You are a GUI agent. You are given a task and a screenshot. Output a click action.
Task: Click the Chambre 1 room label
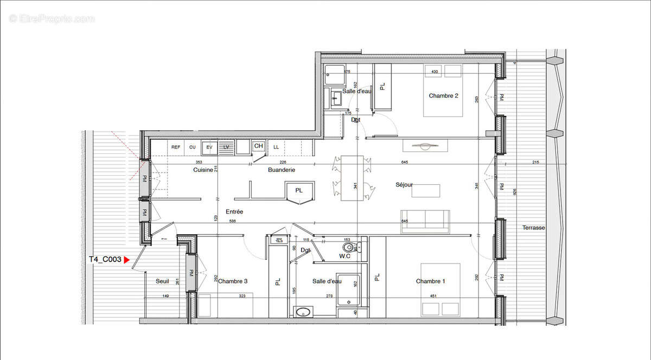click(x=430, y=281)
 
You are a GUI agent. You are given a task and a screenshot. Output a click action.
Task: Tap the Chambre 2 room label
click(x=443, y=96)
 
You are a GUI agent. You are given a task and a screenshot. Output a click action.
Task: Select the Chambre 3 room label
click(x=233, y=281)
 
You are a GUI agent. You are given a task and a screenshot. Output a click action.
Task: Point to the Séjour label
click(x=404, y=185)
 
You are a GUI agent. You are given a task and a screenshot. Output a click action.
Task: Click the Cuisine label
click(x=203, y=170)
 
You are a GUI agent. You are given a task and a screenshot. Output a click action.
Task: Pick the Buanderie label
click(x=282, y=170)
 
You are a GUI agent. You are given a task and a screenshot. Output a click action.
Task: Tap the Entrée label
click(x=234, y=212)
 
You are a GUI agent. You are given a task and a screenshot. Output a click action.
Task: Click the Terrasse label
click(x=534, y=228)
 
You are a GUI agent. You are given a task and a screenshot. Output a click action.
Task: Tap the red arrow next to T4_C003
click(x=127, y=260)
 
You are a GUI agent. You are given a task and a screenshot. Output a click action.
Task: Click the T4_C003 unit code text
click(x=105, y=260)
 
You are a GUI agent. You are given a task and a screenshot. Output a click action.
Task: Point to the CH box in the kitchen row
click(x=258, y=146)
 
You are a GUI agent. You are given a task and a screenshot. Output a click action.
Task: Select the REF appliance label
click(x=176, y=147)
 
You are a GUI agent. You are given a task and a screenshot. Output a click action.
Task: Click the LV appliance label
click(x=226, y=147)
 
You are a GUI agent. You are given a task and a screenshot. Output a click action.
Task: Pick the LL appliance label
click(x=276, y=147)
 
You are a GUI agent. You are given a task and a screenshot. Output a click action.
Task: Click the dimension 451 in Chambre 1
click(x=433, y=296)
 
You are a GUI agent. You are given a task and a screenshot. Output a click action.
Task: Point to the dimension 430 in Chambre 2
click(x=434, y=72)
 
